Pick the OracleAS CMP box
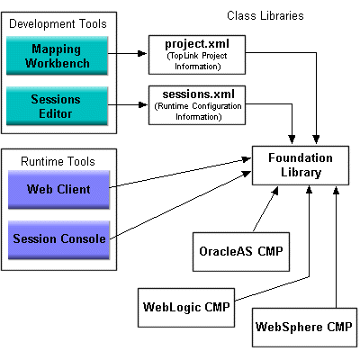(x=238, y=250)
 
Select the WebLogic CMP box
(x=184, y=307)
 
